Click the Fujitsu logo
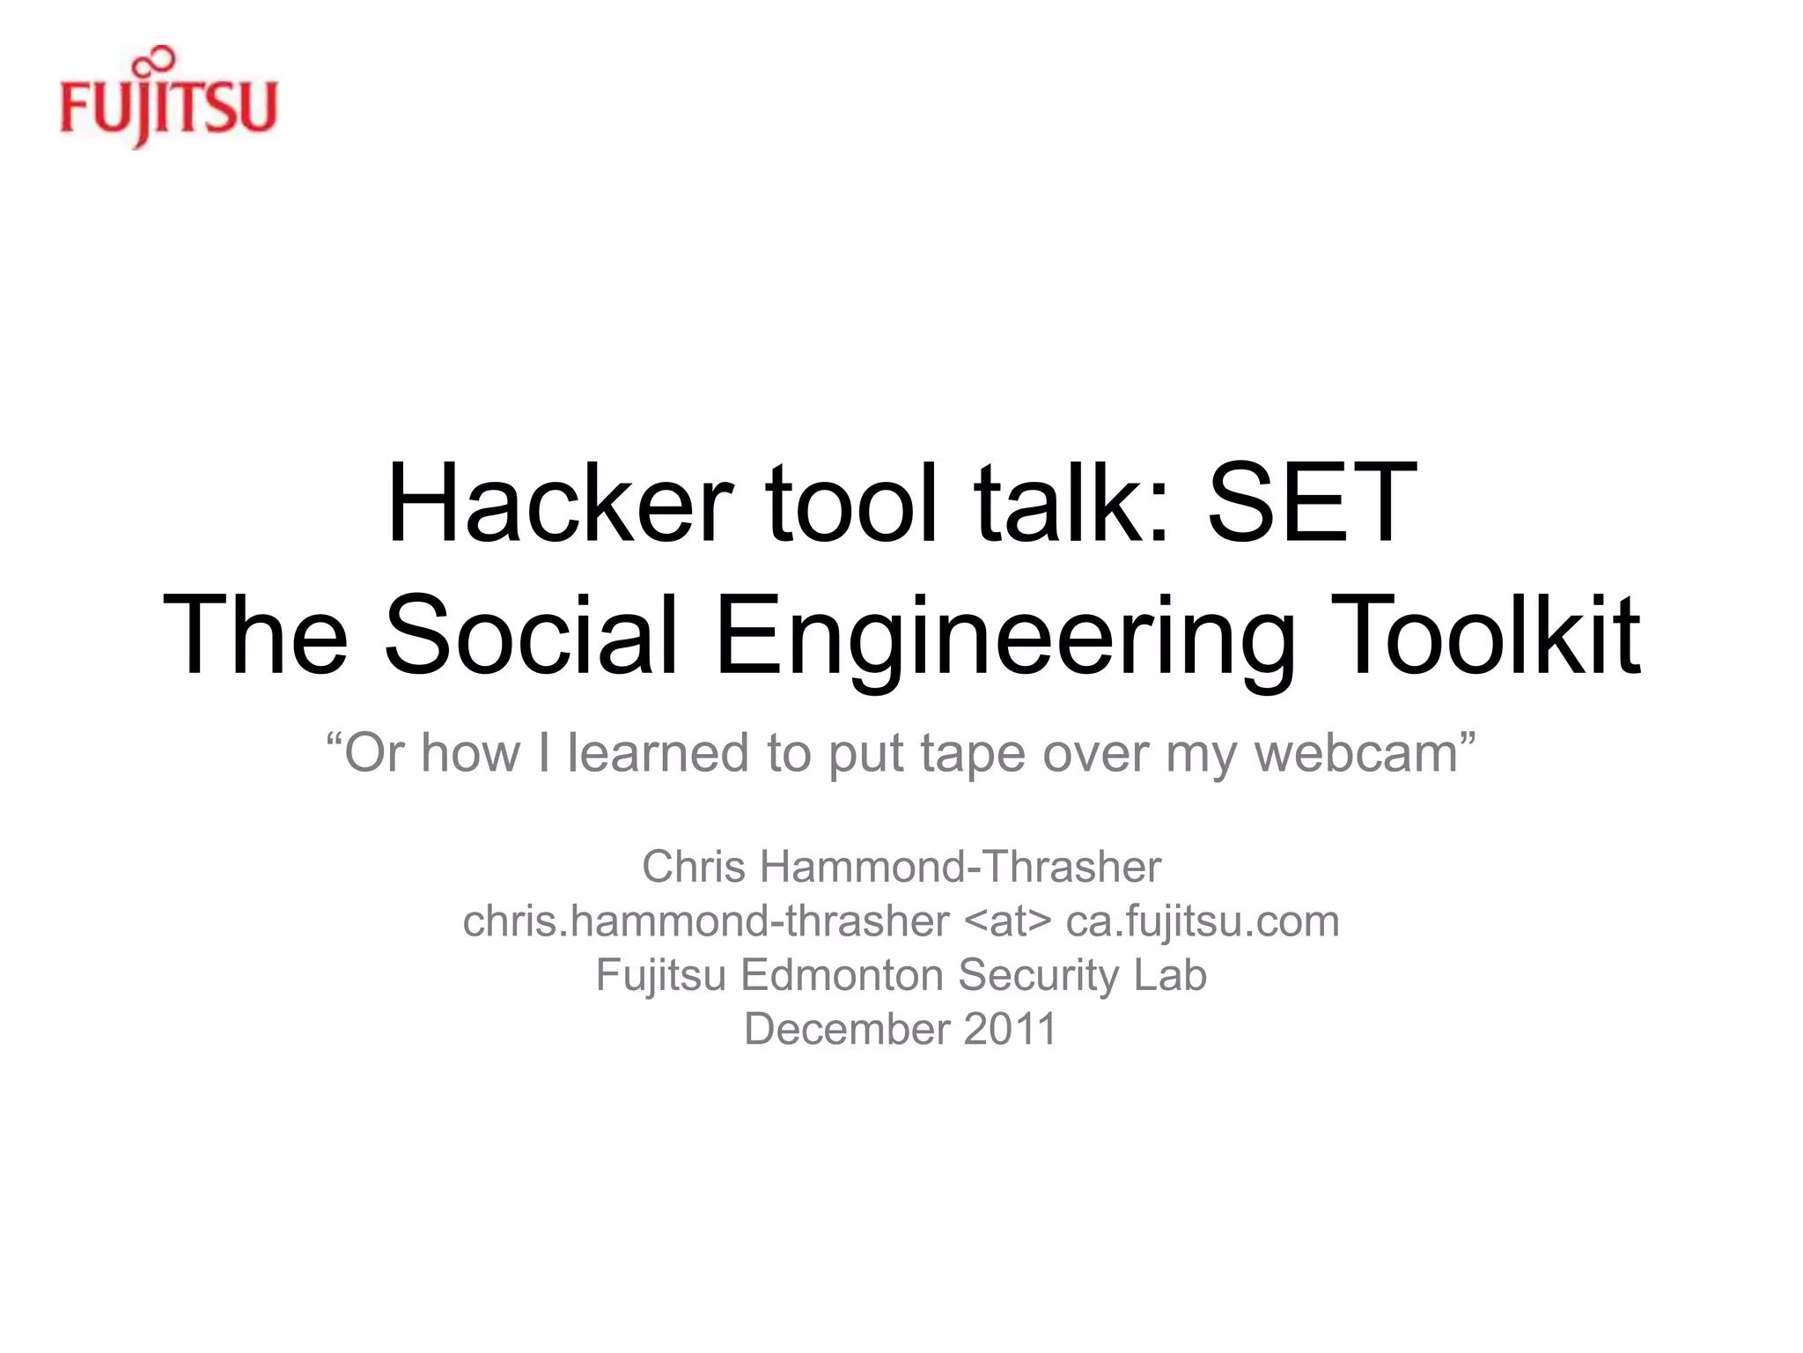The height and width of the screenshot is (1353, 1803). (168, 106)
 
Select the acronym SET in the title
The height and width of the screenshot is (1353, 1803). (1312, 503)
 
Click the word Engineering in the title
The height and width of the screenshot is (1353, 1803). (1005, 636)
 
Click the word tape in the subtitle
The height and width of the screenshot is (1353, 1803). (972, 756)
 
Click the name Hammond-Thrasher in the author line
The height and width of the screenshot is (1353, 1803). (960, 867)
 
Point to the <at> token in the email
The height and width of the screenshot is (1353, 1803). (1008, 921)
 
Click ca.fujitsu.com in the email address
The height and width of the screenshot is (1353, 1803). (1203, 921)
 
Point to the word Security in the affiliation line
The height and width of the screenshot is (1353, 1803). (1038, 976)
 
